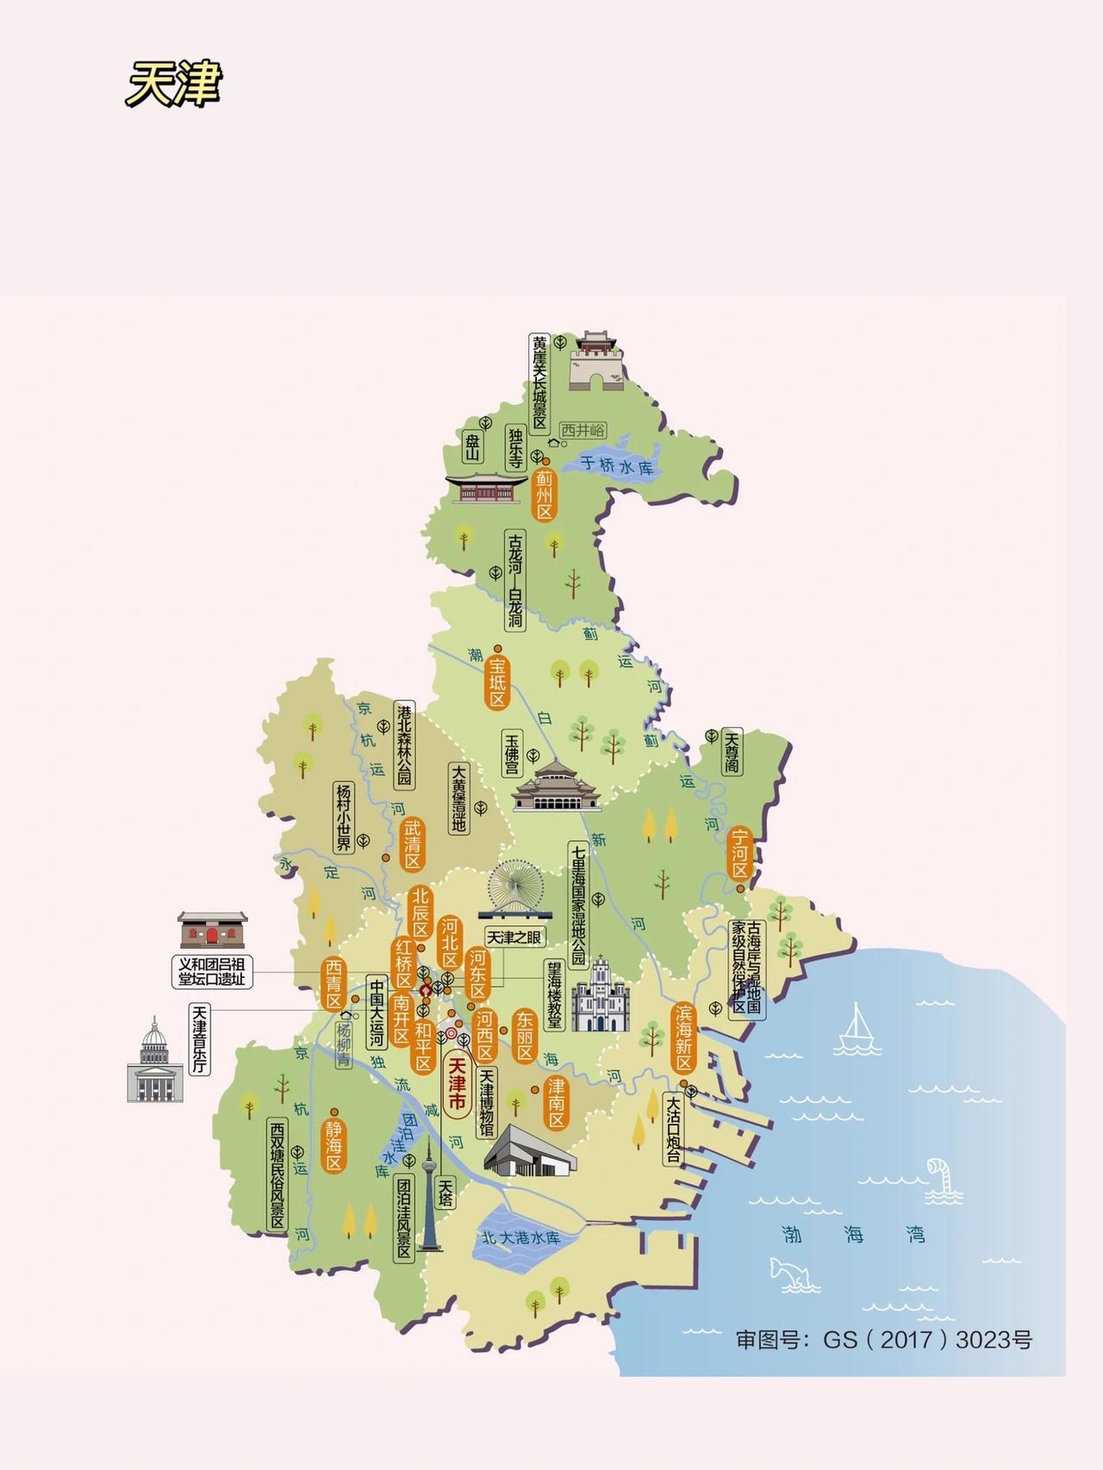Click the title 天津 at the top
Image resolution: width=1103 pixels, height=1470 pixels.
point(173,84)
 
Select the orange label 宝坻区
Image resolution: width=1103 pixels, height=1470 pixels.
point(497,682)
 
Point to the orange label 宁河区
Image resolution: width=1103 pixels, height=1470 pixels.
point(740,854)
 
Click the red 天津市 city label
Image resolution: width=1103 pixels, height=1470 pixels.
point(456,1084)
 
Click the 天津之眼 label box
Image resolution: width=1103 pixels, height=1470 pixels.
point(514,937)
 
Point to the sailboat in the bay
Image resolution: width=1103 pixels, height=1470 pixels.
point(856,1030)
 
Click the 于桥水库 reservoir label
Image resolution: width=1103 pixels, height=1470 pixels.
point(616,465)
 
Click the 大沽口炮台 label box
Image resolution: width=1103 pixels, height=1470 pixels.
point(673,1128)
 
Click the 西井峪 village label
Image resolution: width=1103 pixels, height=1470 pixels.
point(583,430)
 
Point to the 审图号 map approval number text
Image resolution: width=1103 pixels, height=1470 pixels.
point(883,1340)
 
